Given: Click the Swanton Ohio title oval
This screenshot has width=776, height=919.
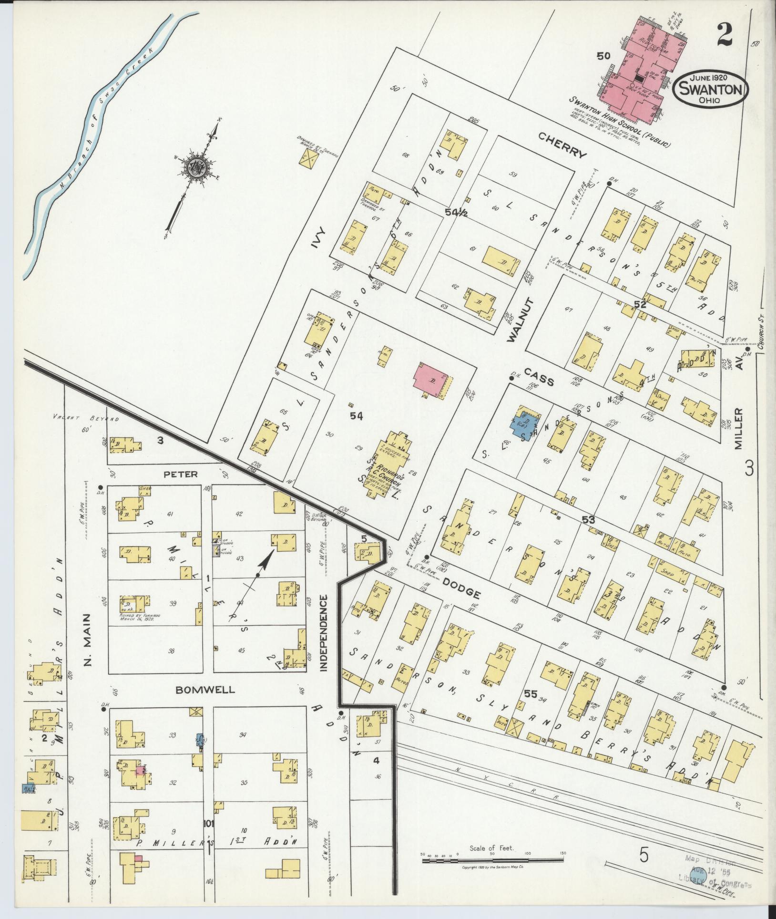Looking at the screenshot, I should [x=710, y=89].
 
